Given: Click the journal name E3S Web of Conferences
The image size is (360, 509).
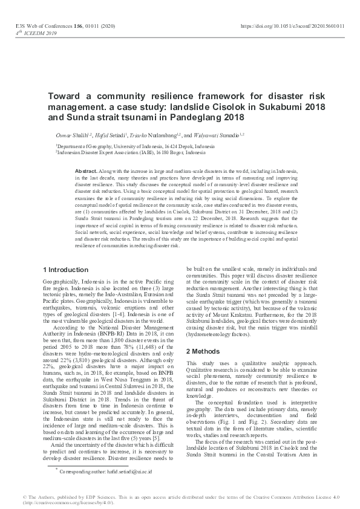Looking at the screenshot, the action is point(39,27).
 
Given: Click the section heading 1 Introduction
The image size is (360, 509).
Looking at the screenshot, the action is point(67,269).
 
